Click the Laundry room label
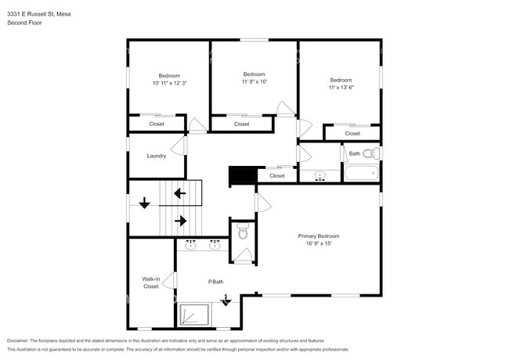(157, 156)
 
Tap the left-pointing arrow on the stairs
(179, 193)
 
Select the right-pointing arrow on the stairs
(180, 221)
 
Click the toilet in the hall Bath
(374, 153)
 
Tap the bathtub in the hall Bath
(361, 174)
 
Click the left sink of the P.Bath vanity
(190, 247)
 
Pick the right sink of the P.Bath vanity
(215, 247)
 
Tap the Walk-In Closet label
(150, 283)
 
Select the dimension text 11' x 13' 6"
(341, 88)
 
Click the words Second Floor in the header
(24, 23)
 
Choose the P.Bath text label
(216, 282)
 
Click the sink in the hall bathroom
(319, 176)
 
